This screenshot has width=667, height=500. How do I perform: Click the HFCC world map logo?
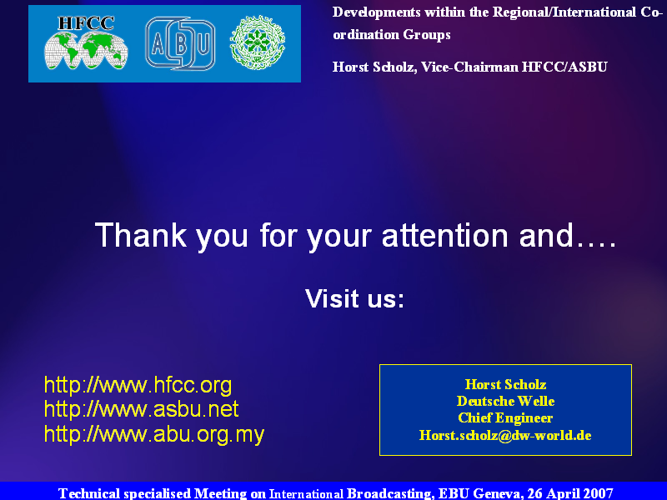point(86,42)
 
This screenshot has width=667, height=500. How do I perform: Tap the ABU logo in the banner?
point(180,43)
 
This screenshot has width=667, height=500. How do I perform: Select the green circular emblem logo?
point(258,42)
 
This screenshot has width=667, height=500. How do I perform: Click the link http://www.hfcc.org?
point(138,385)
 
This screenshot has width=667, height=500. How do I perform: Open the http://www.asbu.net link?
point(141,408)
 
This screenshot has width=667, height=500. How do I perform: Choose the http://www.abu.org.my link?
point(154,434)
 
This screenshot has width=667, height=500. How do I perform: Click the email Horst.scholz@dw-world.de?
point(505,435)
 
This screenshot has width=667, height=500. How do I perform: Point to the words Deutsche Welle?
point(505,401)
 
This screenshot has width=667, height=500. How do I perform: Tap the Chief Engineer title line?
point(505,418)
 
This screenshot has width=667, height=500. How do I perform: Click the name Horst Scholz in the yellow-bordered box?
point(505,384)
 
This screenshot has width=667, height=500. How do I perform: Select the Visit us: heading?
point(354,298)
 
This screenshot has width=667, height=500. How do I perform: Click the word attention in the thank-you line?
point(444,235)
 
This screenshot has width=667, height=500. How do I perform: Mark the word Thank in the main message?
point(141,235)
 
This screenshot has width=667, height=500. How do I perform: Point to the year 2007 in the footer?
point(598,493)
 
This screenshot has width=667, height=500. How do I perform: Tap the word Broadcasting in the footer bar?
point(390,493)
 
